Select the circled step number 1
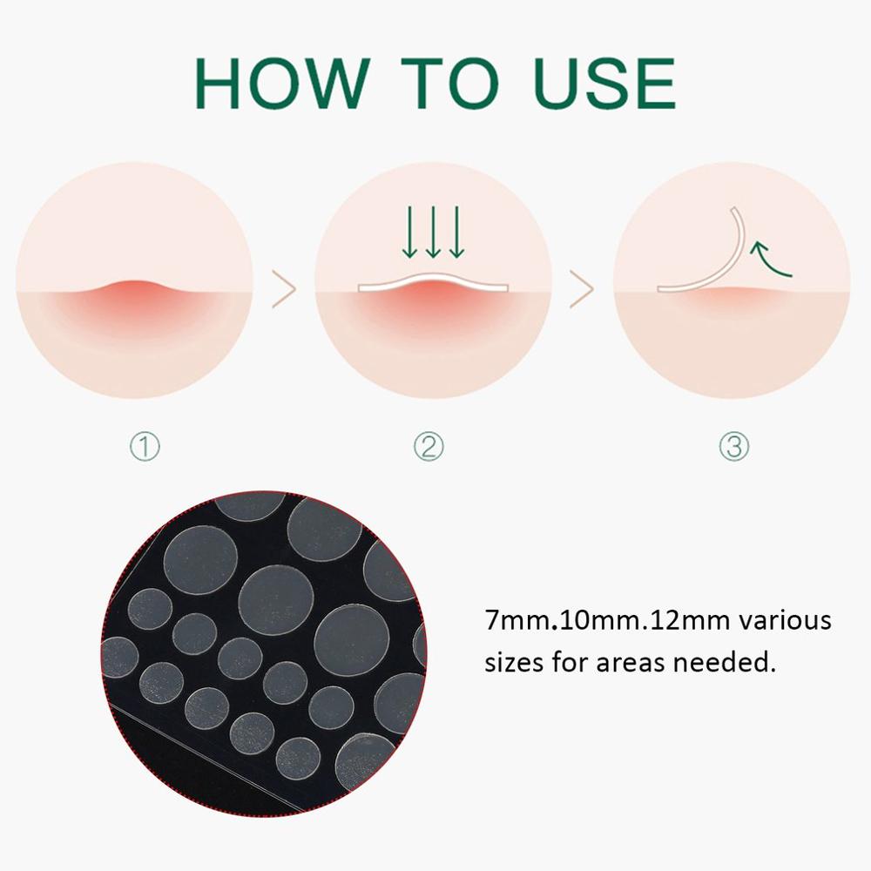pos(145,448)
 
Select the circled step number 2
pos(429,448)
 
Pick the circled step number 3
pos(733,448)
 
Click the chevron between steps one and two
pos(284,289)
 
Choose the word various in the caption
pos(789,623)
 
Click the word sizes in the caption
pos(513,664)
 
